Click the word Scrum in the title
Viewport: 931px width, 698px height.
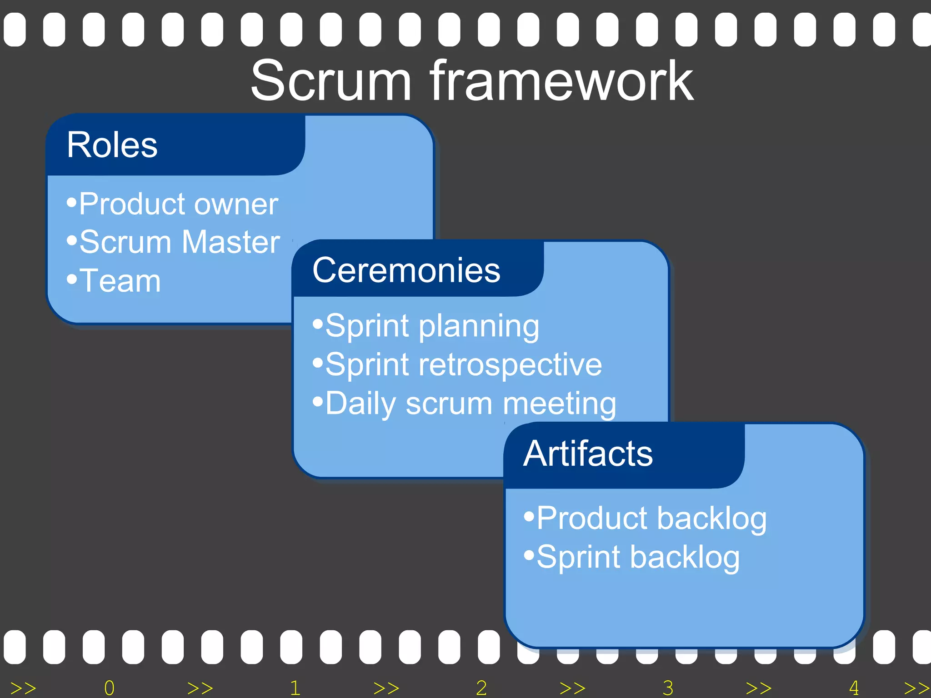(331, 82)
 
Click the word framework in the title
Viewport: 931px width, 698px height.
(562, 82)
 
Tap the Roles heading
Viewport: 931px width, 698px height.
(112, 145)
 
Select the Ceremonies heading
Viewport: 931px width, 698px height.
(406, 270)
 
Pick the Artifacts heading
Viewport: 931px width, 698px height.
(588, 454)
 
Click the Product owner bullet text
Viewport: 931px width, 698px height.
(178, 204)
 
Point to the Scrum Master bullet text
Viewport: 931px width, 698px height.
(180, 242)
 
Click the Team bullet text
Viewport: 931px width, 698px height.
(120, 281)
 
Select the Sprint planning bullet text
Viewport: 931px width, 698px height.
(432, 326)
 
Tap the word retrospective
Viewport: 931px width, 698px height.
(510, 365)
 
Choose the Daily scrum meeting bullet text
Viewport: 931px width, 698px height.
(471, 404)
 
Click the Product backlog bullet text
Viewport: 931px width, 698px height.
(651, 519)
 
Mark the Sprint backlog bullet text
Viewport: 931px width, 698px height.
(638, 558)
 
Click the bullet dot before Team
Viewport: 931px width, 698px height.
(72, 278)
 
